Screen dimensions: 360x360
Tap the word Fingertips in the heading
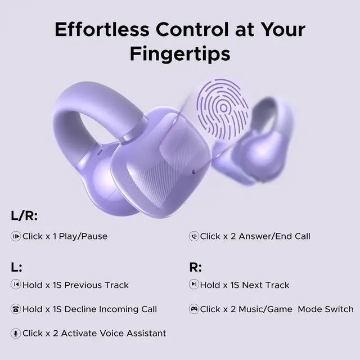point(180,53)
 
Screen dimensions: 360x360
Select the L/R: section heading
point(24,216)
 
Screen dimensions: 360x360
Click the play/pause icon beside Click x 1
point(16,236)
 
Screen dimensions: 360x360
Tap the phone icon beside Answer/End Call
point(193,236)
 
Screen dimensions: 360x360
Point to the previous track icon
point(16,285)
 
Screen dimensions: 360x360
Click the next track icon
point(193,285)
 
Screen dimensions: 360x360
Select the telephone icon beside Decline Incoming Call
point(16,309)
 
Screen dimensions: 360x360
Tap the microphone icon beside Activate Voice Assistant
point(16,333)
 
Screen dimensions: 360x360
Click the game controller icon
point(193,309)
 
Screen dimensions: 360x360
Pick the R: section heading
point(195,267)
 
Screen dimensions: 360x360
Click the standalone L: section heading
point(17,267)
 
